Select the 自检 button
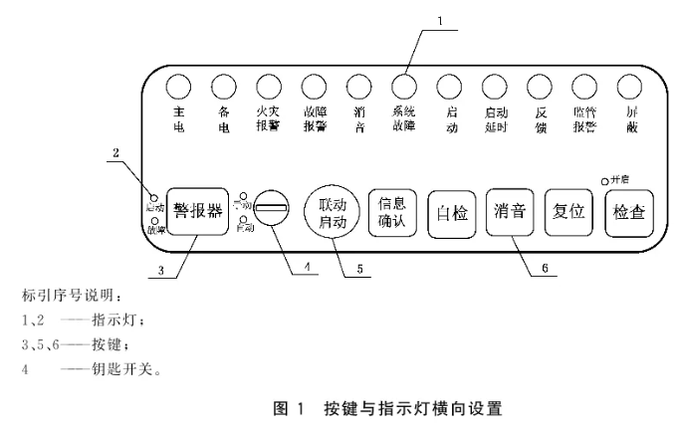pyautogui.click(x=452, y=211)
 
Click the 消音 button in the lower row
pyautogui.click(x=511, y=211)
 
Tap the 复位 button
pyautogui.click(x=569, y=211)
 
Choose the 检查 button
pyautogui.click(x=629, y=211)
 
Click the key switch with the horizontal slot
pyautogui.click(x=270, y=210)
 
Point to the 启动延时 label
pyautogui.click(x=495, y=120)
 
